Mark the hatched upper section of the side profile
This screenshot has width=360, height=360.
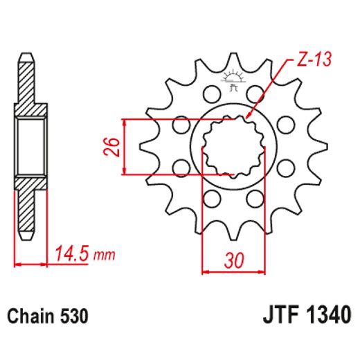(26, 87)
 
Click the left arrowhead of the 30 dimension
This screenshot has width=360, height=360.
(205, 270)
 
